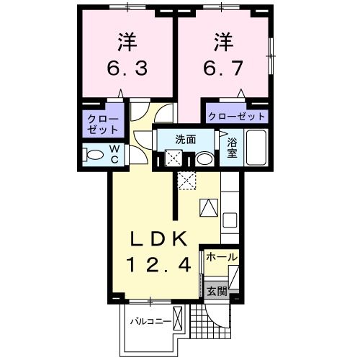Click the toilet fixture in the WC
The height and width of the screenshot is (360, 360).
click(x=94, y=154)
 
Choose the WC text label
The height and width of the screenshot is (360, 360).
click(x=114, y=153)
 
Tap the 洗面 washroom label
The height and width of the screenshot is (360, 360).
click(x=186, y=140)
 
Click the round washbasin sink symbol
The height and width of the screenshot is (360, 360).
click(x=205, y=158)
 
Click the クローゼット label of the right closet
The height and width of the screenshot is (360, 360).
click(x=236, y=115)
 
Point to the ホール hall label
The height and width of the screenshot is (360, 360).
click(x=222, y=257)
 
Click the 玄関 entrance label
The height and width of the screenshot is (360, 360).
click(x=217, y=292)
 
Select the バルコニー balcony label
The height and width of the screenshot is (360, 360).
click(x=149, y=320)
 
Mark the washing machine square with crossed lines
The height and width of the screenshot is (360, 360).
click(x=173, y=158)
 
